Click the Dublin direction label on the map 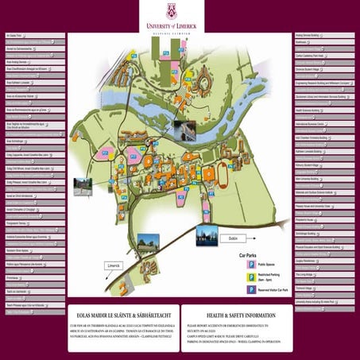tap(233, 238)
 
